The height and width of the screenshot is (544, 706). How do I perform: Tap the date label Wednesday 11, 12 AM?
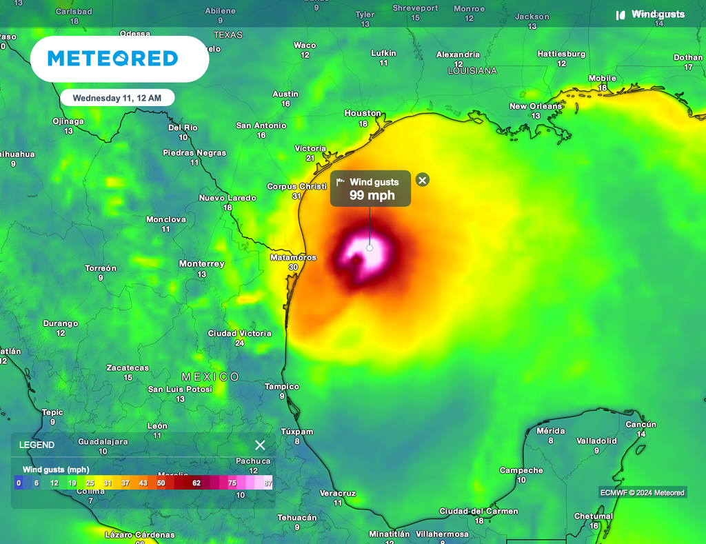(x=117, y=98)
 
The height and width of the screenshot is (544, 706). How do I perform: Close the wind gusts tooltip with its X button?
(x=423, y=180)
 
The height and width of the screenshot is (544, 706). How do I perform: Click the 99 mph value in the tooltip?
(x=372, y=195)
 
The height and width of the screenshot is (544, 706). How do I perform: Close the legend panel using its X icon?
(x=260, y=445)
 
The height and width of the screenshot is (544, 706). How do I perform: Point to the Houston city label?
(x=363, y=113)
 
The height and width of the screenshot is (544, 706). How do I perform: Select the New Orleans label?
(x=535, y=106)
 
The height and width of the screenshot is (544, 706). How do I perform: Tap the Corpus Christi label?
(x=296, y=187)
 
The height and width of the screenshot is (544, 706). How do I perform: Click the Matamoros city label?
(x=293, y=258)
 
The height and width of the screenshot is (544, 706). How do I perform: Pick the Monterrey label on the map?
(x=201, y=264)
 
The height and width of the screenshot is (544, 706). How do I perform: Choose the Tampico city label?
(x=282, y=387)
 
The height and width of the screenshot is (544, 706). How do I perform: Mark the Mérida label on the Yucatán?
(x=550, y=431)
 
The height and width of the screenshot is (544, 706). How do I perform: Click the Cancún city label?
(x=641, y=425)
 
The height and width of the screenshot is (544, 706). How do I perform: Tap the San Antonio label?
(x=261, y=125)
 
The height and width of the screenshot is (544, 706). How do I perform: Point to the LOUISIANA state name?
(x=472, y=71)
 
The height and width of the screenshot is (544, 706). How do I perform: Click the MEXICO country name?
(x=210, y=376)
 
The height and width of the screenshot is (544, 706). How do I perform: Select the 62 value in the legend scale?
(x=196, y=483)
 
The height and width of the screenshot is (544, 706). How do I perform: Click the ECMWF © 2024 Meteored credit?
(x=641, y=492)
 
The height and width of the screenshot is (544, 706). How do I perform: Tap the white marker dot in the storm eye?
(x=370, y=248)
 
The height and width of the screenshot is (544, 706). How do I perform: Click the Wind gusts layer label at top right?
(x=657, y=14)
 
